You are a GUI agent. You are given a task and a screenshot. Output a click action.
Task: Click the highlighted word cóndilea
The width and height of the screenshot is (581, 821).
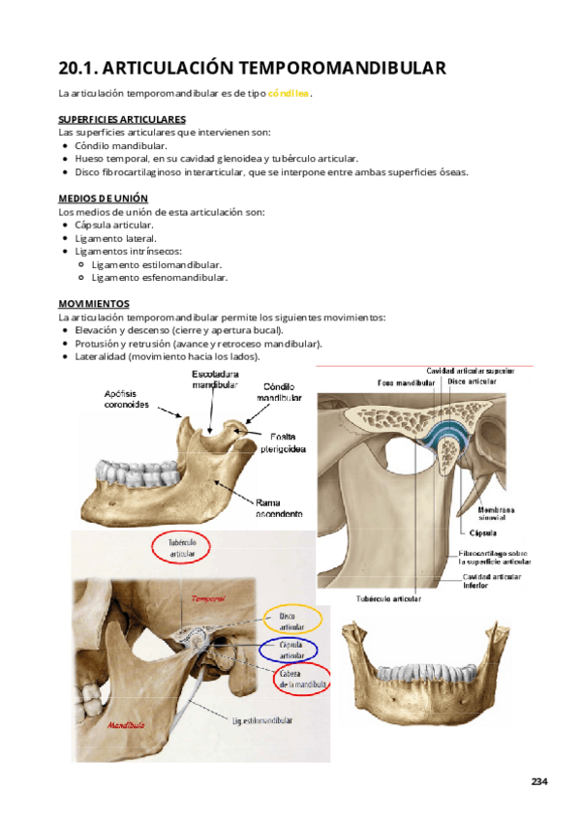pos(289,94)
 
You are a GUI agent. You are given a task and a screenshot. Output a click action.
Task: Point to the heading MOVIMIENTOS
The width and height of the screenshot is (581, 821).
pos(93,303)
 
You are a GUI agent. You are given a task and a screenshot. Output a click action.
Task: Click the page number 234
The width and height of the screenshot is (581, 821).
pos(539,781)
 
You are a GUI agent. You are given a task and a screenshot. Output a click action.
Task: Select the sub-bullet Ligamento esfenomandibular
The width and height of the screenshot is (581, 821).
pos(160,277)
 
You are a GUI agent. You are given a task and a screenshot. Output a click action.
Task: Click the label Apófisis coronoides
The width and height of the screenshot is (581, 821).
pos(127,400)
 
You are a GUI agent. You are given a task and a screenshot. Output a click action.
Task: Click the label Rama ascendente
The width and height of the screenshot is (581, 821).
pos(281,507)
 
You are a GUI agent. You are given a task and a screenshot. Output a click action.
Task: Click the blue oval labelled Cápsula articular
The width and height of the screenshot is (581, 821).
pos(291,651)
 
